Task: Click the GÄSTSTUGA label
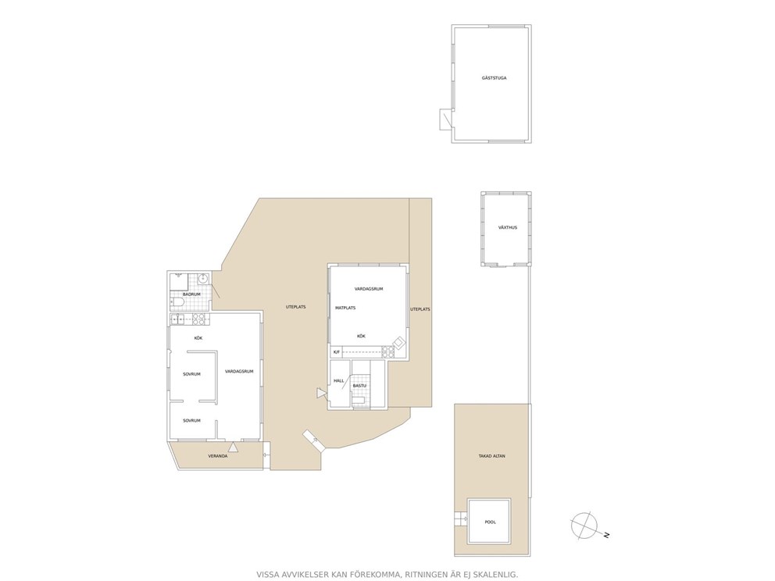click(x=494, y=78)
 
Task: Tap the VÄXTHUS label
click(x=508, y=228)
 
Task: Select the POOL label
click(x=490, y=522)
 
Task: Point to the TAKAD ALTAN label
click(x=491, y=457)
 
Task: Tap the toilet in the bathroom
click(x=177, y=302)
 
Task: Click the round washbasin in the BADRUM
click(x=202, y=279)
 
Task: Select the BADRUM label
click(x=191, y=294)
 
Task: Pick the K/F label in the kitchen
click(x=337, y=352)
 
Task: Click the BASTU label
click(x=359, y=386)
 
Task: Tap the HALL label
click(x=338, y=381)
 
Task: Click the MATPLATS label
click(x=345, y=308)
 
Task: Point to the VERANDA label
click(x=218, y=457)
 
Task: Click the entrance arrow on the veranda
click(x=233, y=447)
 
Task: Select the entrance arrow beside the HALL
click(x=322, y=394)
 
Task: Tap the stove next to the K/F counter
click(x=388, y=352)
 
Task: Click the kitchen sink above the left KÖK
click(x=177, y=319)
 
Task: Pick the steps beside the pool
click(x=461, y=519)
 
